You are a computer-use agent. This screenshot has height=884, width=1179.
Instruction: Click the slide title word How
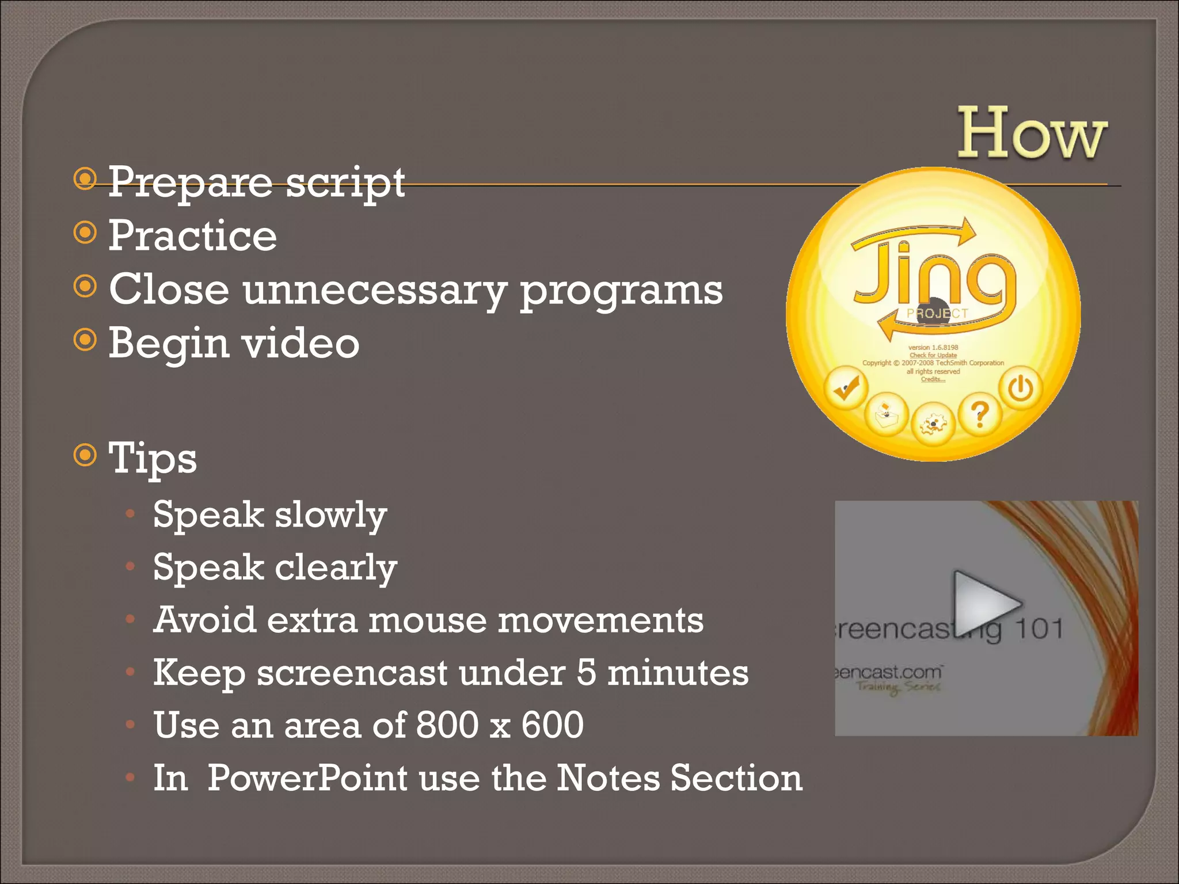1032,134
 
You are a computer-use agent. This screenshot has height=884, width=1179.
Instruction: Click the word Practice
193,235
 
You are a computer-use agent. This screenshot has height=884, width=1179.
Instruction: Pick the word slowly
330,515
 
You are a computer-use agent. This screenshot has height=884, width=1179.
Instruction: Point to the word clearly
336,567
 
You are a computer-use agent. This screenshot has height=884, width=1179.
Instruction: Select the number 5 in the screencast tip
586,672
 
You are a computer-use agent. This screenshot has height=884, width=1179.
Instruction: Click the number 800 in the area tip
447,725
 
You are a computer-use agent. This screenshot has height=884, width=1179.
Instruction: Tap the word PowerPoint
307,778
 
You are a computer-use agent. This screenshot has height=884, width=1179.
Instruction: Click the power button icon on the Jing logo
1021,388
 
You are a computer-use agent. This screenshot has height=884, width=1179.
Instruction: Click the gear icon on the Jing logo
933,425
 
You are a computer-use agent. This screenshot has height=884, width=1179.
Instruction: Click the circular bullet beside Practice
85,233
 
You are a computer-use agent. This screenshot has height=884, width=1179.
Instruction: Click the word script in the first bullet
345,182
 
